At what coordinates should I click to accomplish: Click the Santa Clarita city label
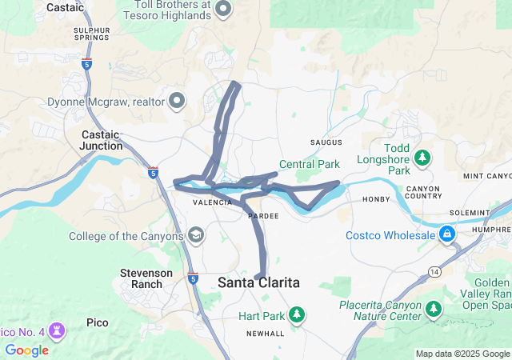pos(258,283)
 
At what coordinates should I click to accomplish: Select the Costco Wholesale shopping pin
pos(446,234)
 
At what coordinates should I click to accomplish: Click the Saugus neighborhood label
pos(326,142)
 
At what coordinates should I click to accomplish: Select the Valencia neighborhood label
pos(213,203)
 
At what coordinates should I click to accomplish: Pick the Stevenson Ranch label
pos(146,278)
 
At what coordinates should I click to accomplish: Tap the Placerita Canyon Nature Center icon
pos(433,308)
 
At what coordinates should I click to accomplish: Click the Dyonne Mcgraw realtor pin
pos(177,101)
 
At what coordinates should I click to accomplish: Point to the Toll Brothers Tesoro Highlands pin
pos(223,10)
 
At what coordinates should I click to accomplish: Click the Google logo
pos(26,350)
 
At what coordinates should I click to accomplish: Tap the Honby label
pos(376,199)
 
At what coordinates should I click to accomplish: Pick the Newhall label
pos(265,333)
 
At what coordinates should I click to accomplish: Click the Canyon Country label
pos(424,193)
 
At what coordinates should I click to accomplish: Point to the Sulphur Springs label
pos(91,34)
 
